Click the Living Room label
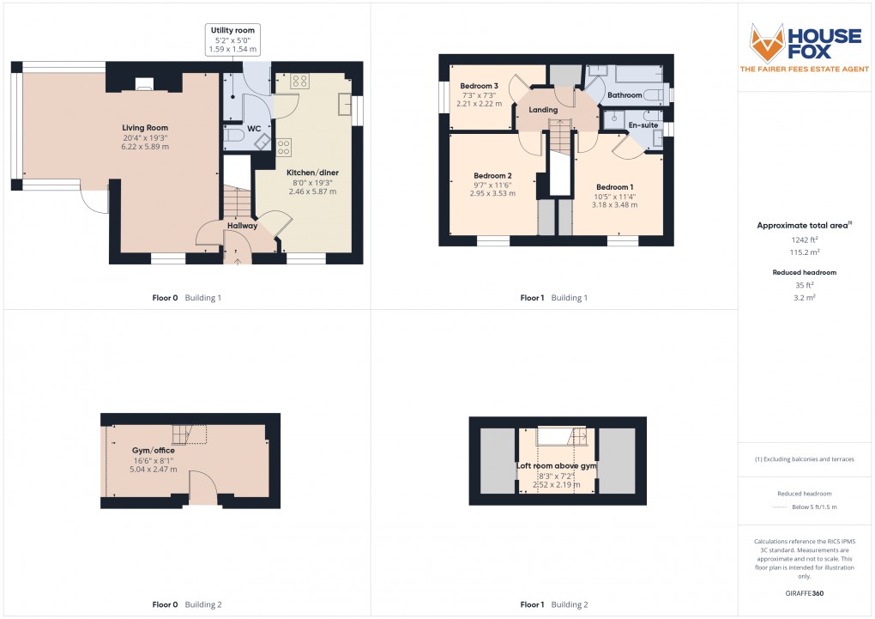point(145,128)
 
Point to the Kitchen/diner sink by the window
point(345,103)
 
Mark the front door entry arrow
point(238,258)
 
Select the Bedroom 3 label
point(479,86)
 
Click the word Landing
point(543,110)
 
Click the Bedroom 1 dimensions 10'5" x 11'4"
point(615,197)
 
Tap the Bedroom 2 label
point(492,175)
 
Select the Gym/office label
point(154,451)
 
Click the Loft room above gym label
point(556,466)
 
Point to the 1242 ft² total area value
point(803,241)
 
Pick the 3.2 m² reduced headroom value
point(803,297)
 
